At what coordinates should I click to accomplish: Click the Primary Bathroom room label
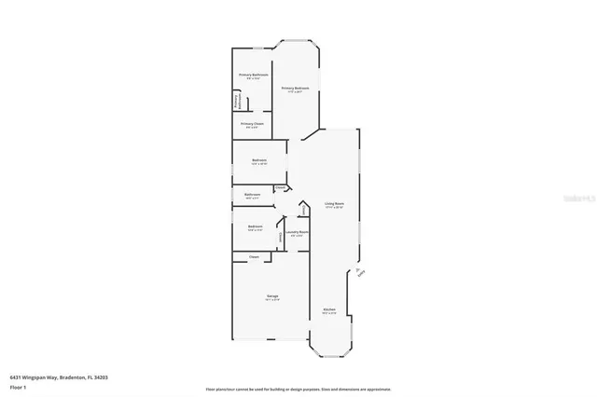pyautogui.click(x=254, y=75)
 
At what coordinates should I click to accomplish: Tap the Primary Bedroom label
pyautogui.click(x=298, y=88)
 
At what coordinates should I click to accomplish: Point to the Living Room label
pyautogui.click(x=334, y=203)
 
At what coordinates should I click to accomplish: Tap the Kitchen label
pyautogui.click(x=329, y=309)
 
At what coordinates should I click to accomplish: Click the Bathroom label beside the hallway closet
pyautogui.click(x=252, y=194)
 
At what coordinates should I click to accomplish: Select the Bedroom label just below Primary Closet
pyautogui.click(x=258, y=160)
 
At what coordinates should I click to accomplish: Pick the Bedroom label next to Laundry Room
pyautogui.click(x=255, y=226)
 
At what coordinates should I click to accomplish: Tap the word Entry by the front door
pyautogui.click(x=361, y=273)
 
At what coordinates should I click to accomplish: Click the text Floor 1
pyautogui.click(x=19, y=384)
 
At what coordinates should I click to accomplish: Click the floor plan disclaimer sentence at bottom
pyautogui.click(x=298, y=390)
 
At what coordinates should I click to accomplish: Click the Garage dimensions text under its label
pyautogui.click(x=272, y=300)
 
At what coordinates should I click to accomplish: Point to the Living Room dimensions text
pyautogui.click(x=334, y=208)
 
